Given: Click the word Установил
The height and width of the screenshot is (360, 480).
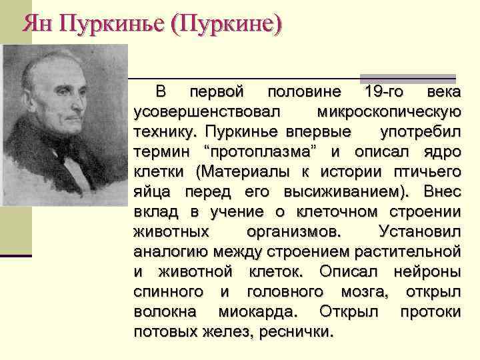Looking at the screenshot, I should point(418,232).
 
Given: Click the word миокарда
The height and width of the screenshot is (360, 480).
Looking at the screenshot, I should point(259,312).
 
